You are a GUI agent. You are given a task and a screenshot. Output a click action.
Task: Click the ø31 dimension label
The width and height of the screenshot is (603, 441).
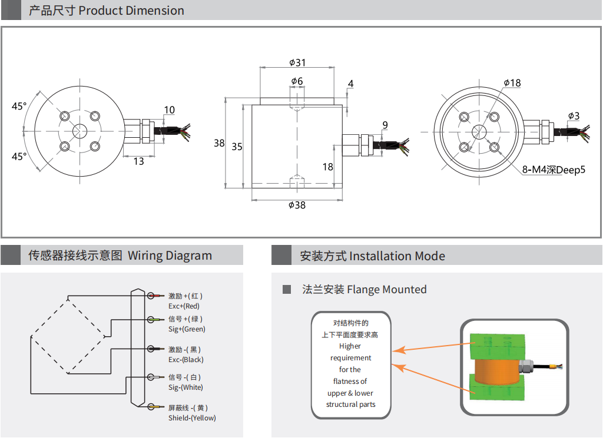coord(297,62)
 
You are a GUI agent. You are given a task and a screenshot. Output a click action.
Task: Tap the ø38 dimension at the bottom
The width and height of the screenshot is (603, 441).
coord(297,205)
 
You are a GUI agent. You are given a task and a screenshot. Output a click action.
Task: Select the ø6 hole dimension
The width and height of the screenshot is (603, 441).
coord(297,81)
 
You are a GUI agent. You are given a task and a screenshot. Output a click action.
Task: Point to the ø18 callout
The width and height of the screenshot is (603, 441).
coord(512,83)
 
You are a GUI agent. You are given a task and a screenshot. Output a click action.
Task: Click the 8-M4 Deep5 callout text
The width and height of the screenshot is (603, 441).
coord(554,170)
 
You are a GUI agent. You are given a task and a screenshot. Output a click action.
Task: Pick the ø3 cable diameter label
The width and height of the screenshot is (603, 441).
coord(574,116)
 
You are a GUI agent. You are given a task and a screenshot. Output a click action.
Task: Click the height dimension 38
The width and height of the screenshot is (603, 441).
coord(219,143)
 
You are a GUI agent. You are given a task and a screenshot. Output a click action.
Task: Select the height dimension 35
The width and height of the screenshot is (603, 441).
coord(237,147)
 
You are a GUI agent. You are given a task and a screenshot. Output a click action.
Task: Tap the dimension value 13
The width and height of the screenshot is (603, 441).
coord(138,161)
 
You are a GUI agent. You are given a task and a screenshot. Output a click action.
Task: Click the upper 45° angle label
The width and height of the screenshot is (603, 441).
coord(19,107)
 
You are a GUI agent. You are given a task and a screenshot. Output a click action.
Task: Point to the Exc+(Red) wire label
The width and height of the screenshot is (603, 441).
coord(184,306)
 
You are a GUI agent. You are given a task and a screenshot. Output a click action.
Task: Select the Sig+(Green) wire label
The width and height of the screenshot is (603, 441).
coord(187,329)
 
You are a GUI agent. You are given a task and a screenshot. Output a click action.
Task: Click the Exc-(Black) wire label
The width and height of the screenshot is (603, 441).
coord(185,360)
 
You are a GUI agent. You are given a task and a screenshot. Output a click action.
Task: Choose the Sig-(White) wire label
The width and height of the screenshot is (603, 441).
coord(185,387)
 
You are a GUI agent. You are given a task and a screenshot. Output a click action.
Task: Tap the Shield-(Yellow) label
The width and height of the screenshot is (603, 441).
coord(192,418)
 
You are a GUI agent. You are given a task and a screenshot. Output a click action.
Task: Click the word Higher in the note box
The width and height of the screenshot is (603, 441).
coord(350,346)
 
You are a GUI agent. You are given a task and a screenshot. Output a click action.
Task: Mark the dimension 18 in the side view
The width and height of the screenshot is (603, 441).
coord(328,167)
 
